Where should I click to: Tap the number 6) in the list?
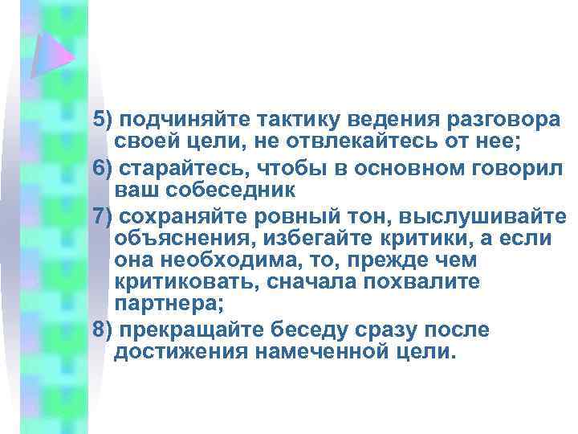102,170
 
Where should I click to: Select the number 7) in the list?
102,217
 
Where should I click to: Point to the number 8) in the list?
102,331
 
